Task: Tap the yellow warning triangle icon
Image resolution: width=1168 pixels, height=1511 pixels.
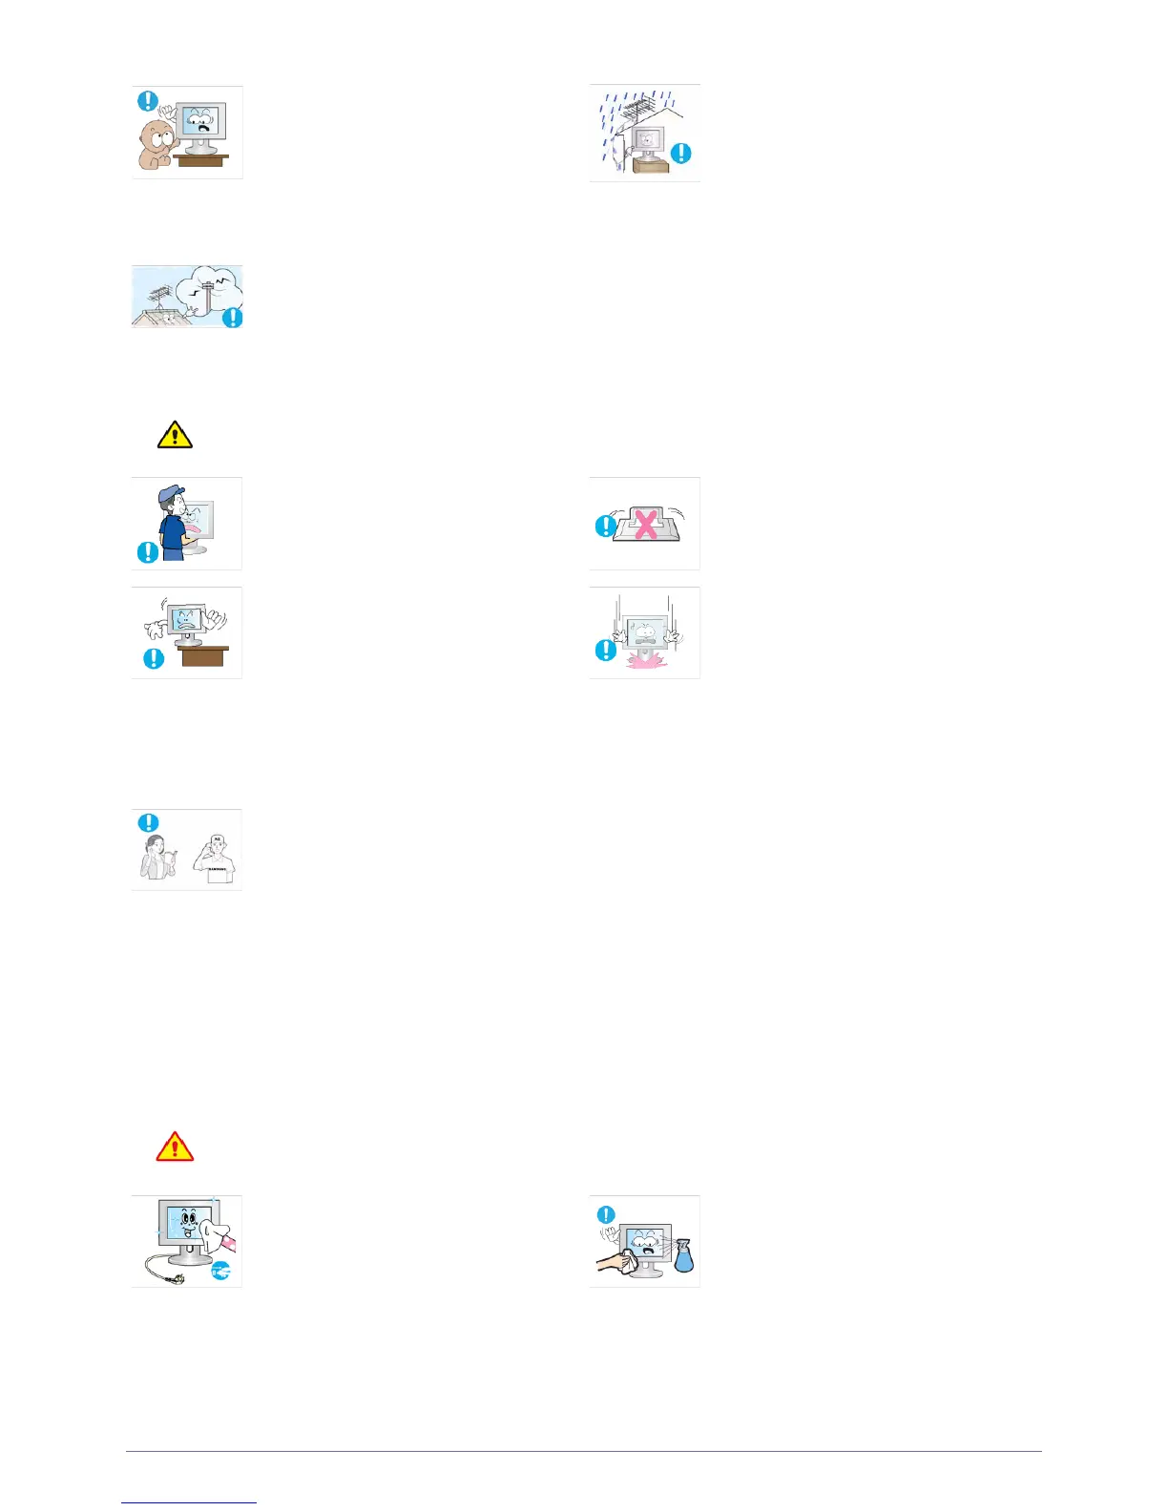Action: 175,436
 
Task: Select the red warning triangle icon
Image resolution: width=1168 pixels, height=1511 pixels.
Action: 175,1146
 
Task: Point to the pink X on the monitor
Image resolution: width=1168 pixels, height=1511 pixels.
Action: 645,524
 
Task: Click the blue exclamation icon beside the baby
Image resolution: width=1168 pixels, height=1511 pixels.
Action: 149,100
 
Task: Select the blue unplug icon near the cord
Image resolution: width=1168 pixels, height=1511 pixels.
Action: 221,1270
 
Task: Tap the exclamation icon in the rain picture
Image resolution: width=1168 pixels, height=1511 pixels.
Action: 681,153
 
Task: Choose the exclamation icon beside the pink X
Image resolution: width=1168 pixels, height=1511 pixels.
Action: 605,526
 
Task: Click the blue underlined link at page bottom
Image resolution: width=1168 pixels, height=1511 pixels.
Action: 189,1502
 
